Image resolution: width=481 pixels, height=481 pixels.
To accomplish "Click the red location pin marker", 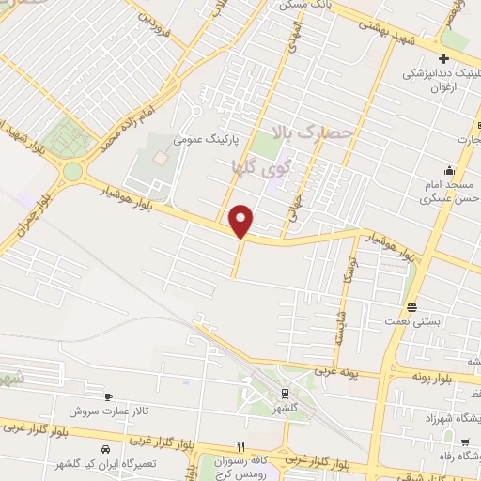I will (241, 221).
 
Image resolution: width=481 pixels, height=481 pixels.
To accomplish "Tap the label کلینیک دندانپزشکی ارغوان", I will (442, 79).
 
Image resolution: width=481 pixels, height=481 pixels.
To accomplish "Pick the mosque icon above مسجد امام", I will (450, 171).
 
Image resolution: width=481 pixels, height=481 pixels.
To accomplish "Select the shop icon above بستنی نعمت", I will (411, 307).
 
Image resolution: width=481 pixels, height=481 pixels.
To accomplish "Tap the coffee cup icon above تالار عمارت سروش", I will (110, 397).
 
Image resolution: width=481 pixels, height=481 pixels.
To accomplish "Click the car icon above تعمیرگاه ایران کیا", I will (106, 449).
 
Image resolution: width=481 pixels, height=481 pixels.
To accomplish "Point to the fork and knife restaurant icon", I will (241, 446).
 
